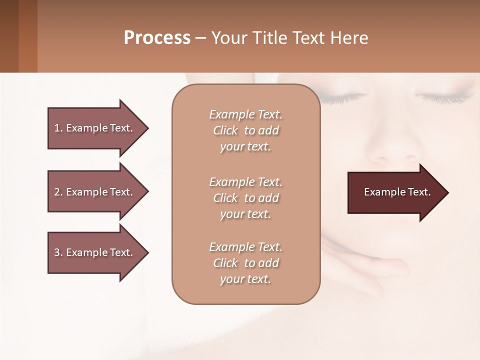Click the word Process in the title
pos(157,38)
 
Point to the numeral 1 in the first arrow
pos(57,128)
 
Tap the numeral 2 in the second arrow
pos(57,192)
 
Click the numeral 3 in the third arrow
pos(57,252)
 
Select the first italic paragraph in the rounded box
pos(245,130)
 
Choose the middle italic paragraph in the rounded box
pos(245,198)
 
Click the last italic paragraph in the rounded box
pos(245,263)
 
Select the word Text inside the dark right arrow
pos(419,192)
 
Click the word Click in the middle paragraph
pos(225,198)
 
